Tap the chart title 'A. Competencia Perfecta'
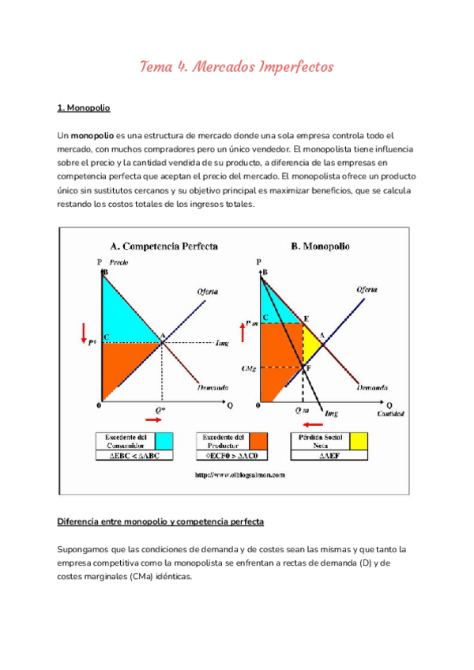click(x=158, y=246)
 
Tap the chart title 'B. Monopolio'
click(x=321, y=246)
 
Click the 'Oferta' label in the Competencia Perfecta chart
click(x=208, y=292)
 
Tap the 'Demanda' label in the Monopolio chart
click(x=371, y=388)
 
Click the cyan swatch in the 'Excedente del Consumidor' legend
click(x=164, y=441)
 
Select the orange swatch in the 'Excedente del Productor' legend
click(x=258, y=441)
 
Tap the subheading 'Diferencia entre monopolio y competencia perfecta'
click(x=161, y=521)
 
